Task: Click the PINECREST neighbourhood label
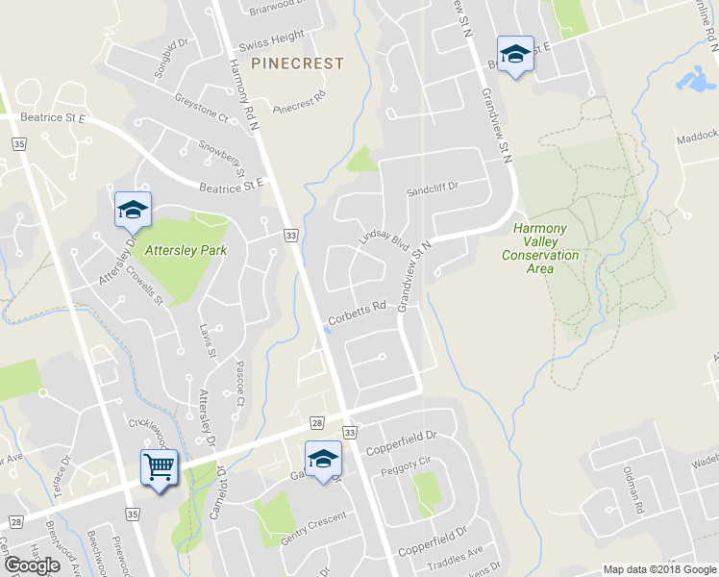(297, 63)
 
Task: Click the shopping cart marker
(159, 468)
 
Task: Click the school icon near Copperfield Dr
(324, 459)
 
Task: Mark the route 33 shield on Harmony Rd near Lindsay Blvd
(288, 235)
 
